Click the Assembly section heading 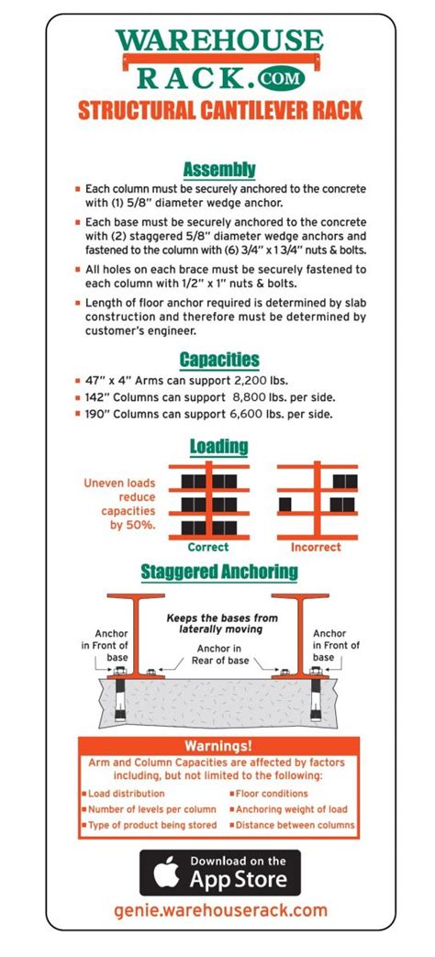219,170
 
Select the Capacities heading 219,360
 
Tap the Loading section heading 219,447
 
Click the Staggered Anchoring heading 219,573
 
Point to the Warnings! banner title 218,746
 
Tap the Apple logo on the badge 164,872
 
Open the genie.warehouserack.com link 219,911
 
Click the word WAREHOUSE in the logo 219,41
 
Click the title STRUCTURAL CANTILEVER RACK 219,112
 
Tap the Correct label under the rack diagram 207,547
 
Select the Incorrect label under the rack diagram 316,547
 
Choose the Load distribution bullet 127,793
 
